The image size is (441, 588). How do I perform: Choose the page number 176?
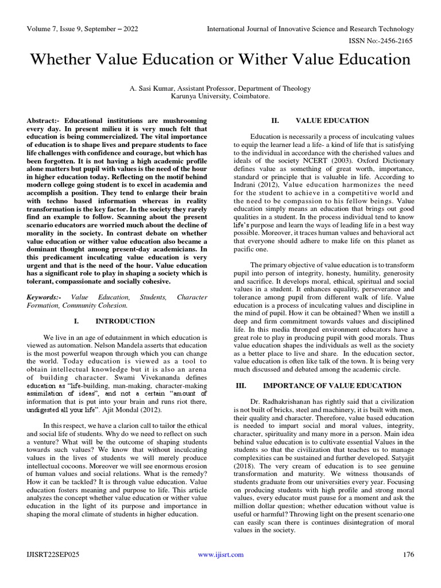(x=408, y=554)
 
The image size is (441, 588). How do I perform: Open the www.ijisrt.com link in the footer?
(x=220, y=554)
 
